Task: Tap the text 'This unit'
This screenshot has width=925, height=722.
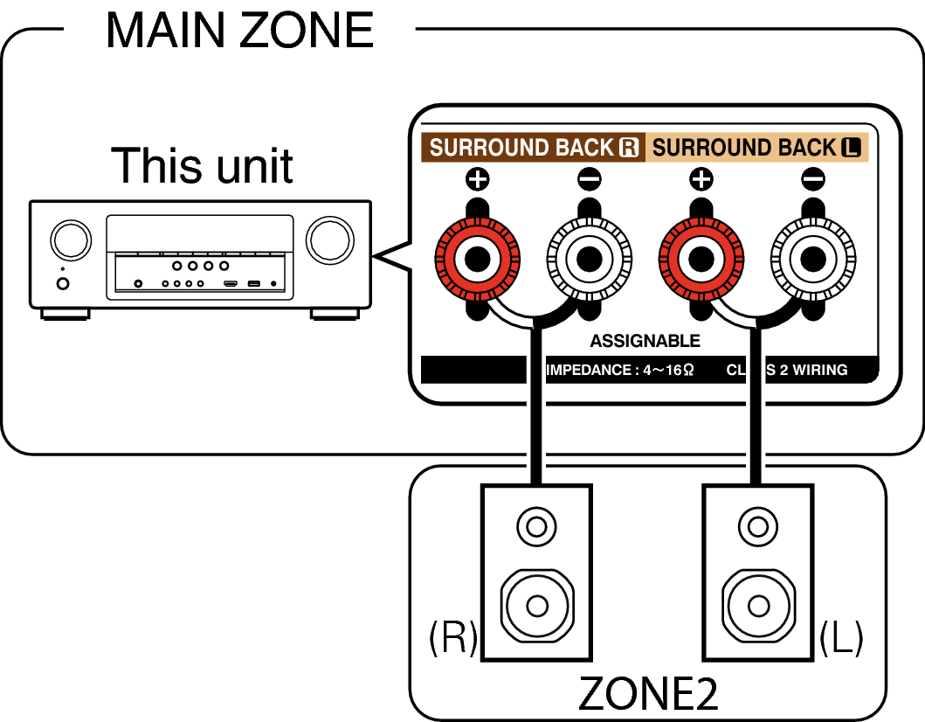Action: click(x=202, y=165)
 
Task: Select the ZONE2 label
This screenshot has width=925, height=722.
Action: click(x=647, y=694)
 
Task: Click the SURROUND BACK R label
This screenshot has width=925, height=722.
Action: click(x=534, y=148)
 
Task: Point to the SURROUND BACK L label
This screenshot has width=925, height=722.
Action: click(x=756, y=148)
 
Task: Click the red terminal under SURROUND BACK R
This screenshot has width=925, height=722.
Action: click(x=477, y=259)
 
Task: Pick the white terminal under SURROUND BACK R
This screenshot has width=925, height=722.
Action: click(x=588, y=259)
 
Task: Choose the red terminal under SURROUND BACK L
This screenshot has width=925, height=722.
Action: click(x=701, y=259)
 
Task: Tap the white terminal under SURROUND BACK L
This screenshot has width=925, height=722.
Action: click(x=812, y=259)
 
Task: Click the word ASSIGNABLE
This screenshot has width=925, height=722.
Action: click(x=645, y=341)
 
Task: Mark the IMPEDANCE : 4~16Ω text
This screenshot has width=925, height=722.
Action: click(x=620, y=370)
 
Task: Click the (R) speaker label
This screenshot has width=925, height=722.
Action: click(x=452, y=639)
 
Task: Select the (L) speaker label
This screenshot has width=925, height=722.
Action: click(x=842, y=639)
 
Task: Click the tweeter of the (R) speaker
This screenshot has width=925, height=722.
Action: click(x=536, y=527)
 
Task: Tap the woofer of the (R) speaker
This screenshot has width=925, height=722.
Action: click(x=536, y=605)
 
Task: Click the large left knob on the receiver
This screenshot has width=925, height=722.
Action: click(x=70, y=240)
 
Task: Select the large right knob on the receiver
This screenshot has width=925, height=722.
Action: click(x=329, y=239)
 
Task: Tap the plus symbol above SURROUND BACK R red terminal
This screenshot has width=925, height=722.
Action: click(x=477, y=180)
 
